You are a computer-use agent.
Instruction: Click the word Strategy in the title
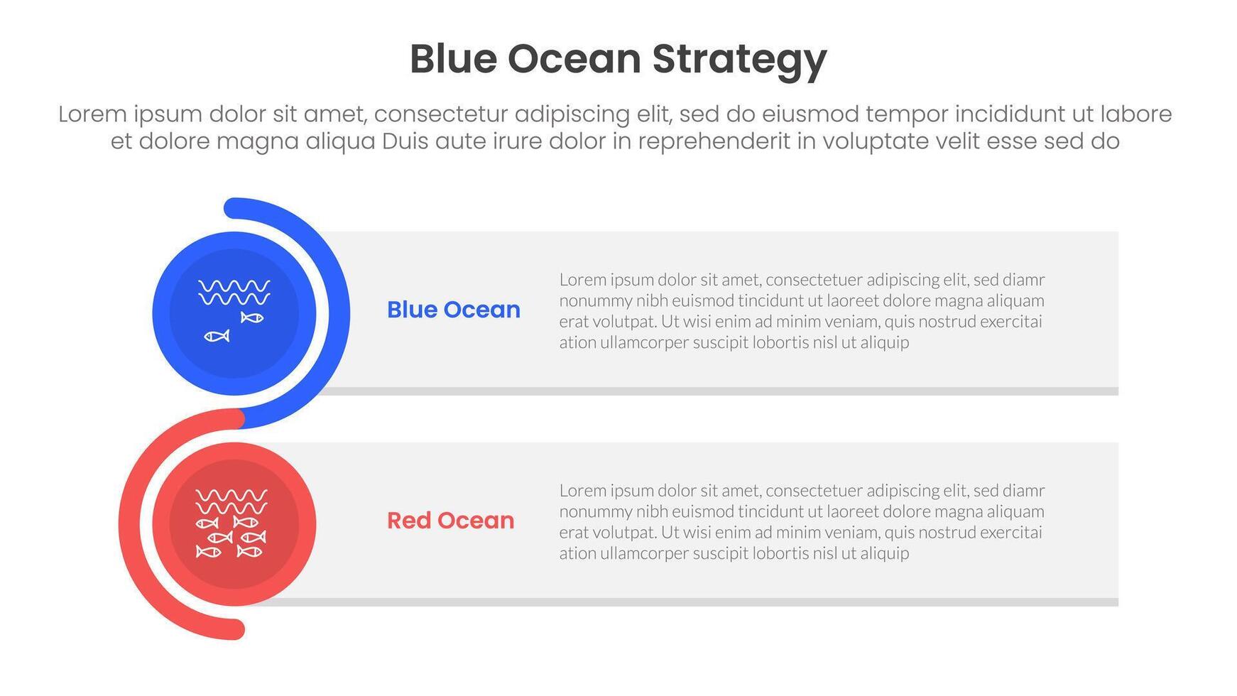coord(739,60)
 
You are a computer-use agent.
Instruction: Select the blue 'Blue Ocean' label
coord(453,310)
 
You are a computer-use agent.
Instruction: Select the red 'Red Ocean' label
coord(450,521)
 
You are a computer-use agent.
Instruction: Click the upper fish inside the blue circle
coord(252,317)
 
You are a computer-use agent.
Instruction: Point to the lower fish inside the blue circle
coord(217,335)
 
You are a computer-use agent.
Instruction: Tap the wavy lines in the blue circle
coord(234,292)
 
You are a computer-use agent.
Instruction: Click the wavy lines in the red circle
coord(231,501)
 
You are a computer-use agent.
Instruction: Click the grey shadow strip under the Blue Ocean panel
coord(710,391)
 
